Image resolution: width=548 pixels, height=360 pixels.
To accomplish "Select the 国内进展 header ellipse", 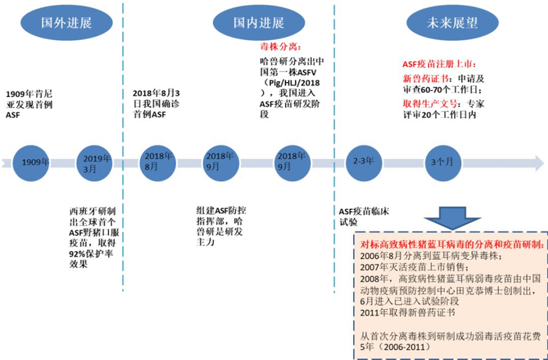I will tap(258, 22).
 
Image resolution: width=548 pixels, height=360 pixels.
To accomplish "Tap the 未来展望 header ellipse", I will tap(444, 22).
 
